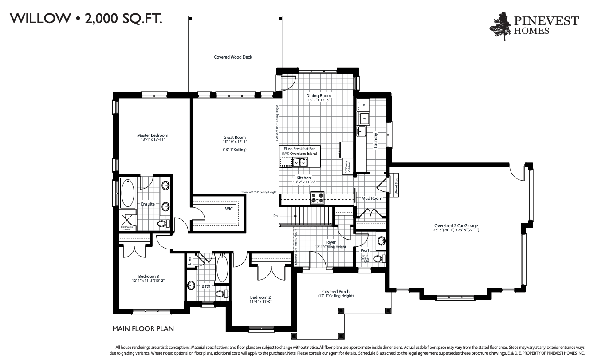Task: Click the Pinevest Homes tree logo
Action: [503, 26]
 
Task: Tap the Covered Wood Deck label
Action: [233, 57]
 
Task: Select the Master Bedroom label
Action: [152, 135]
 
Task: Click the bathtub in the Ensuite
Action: [128, 193]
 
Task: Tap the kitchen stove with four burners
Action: [317, 198]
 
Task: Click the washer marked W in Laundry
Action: [364, 119]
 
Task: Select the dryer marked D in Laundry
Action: [364, 105]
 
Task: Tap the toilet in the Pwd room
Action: [378, 258]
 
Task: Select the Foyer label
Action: [330, 242]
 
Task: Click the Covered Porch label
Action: [335, 292]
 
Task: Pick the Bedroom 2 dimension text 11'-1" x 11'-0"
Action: [260, 301]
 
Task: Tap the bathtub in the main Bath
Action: [222, 268]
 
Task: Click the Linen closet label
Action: [189, 260]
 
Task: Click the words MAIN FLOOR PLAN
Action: [143, 329]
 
